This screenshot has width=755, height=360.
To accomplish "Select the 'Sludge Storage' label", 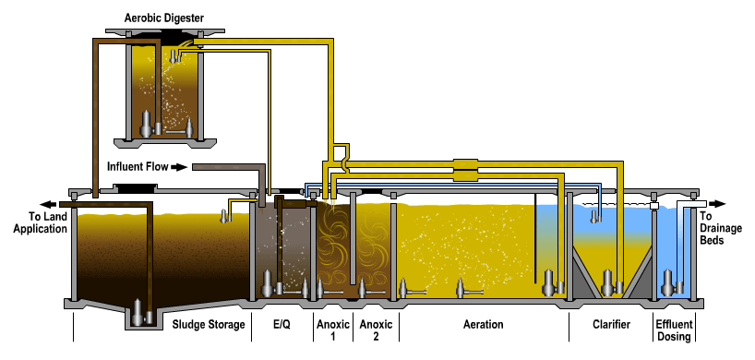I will (210, 324).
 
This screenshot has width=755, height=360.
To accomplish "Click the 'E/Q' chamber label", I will (282, 324).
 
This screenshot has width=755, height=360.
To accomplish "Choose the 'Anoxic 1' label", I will (333, 330).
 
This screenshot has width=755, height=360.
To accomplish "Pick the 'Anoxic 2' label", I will (375, 330).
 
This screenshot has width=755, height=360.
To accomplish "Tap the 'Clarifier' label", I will (610, 324).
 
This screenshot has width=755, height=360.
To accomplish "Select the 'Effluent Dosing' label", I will (674, 330).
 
